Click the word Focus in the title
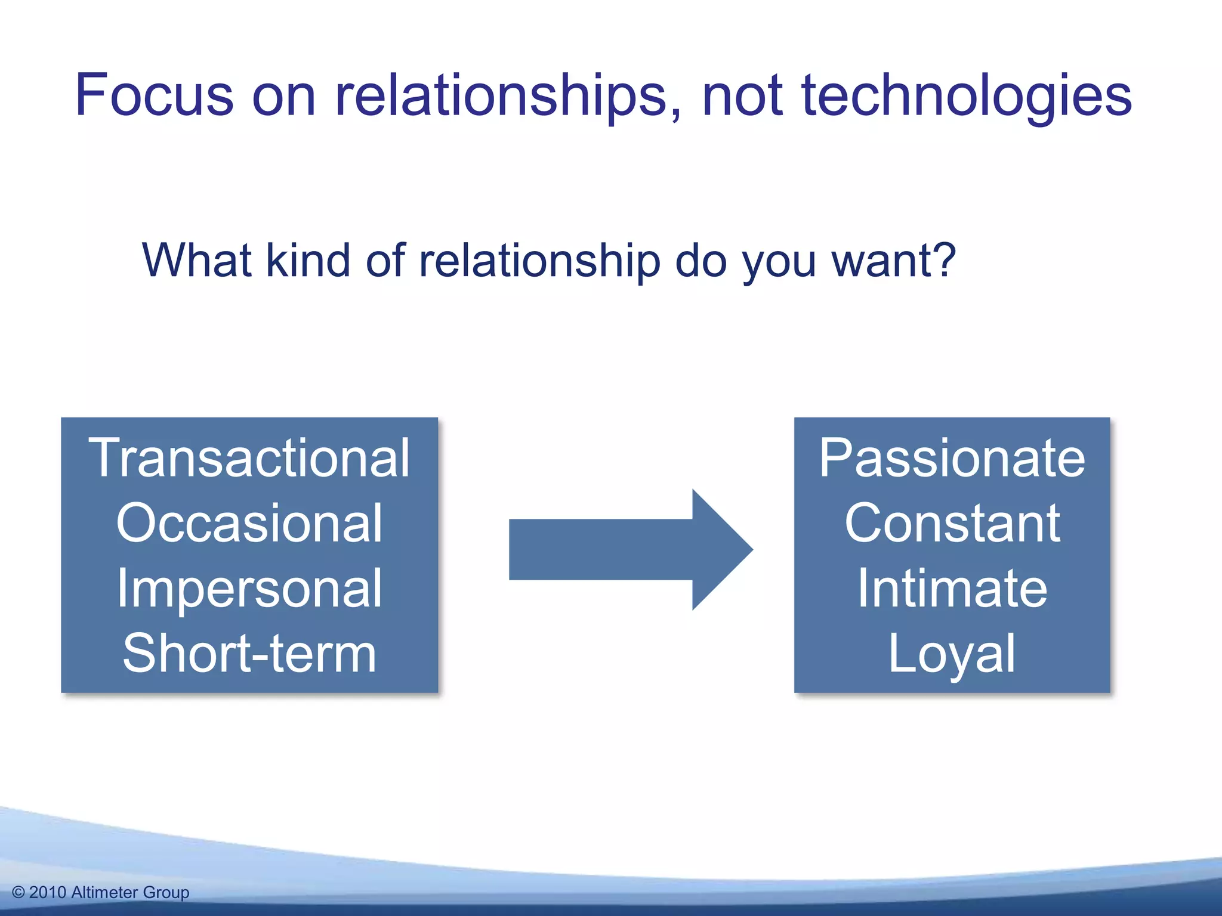coord(154,95)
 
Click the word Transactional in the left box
coord(249,458)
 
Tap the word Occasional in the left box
coord(249,523)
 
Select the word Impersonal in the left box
coord(249,589)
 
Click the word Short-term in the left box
coord(249,654)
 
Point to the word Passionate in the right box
coord(952,458)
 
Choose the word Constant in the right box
coord(952,523)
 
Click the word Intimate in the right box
coord(952,589)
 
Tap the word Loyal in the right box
coord(952,654)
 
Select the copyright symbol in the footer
coord(18,892)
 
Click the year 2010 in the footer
coord(47,892)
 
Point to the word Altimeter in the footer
coord(104,892)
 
